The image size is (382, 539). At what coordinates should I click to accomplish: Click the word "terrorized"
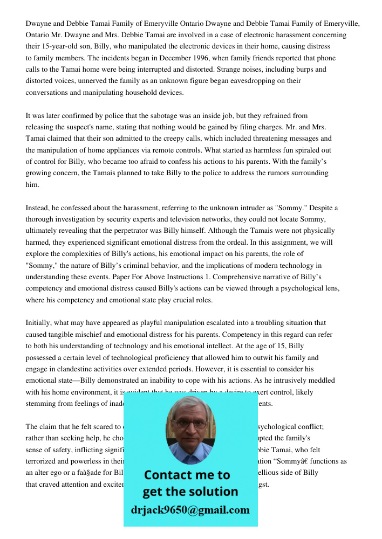[x=47, y=461]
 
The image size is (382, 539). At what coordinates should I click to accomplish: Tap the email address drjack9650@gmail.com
[x=190, y=510]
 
